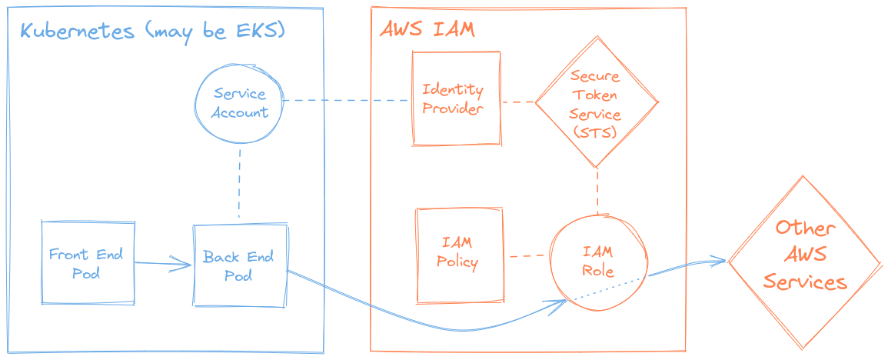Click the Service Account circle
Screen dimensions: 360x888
click(x=240, y=103)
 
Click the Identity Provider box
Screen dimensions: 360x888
click(x=454, y=99)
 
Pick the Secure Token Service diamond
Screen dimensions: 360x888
click(x=596, y=104)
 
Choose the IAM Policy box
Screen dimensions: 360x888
click(x=458, y=255)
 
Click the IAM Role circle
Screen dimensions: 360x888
click(x=597, y=262)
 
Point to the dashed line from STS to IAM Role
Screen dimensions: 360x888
click(x=597, y=190)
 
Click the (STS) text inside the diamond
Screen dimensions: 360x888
click(x=596, y=132)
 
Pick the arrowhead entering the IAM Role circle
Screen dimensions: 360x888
click(x=562, y=303)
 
